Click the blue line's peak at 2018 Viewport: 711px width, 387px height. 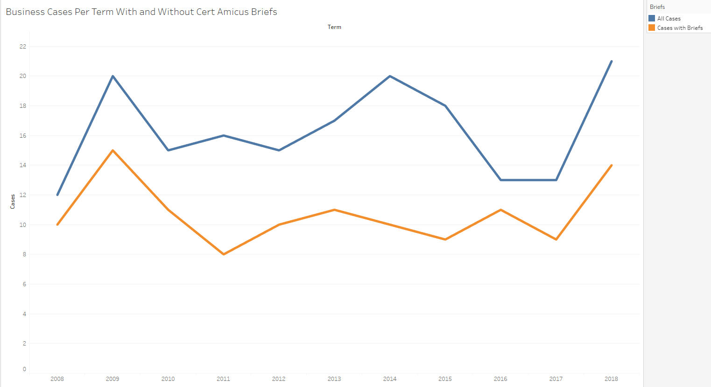611,61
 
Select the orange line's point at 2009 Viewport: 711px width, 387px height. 113,150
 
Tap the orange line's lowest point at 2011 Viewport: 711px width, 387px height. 224,254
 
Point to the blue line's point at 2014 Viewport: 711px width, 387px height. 390,76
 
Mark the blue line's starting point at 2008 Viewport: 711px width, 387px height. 57,195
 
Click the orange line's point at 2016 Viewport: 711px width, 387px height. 500,210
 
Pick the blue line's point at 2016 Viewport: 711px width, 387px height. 500,180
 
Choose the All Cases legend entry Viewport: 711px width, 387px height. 669,19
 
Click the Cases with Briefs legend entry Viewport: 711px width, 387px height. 680,28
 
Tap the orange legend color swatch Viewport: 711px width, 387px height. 652,28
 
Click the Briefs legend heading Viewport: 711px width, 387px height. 657,7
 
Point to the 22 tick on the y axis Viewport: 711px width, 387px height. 23,47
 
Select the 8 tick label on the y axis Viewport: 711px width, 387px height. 24,254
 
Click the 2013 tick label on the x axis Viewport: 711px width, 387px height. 334,379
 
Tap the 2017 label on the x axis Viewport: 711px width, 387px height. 556,379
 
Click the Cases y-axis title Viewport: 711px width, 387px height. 13,201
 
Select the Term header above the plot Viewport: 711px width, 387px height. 334,27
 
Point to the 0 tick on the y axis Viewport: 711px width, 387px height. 24,369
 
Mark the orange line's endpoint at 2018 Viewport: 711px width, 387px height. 611,165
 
